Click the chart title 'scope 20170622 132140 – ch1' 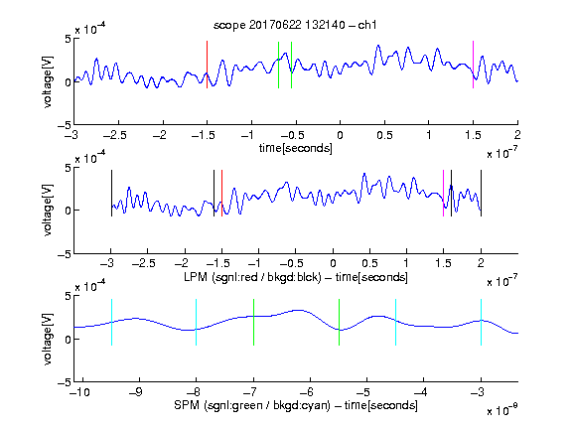(295, 25)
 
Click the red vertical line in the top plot (207, 65)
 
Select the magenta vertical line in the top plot (473, 65)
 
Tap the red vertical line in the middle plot (221, 194)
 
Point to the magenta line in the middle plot (443, 194)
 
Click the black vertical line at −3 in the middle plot (111, 194)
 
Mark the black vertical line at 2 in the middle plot (481, 194)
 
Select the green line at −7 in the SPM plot (253, 322)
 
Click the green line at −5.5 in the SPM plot (339, 322)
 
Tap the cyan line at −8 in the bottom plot (196, 322)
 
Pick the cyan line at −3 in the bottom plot (481, 322)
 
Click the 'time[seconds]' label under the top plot (296, 148)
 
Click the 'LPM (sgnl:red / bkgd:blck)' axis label (252, 277)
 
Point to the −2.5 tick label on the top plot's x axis (115, 135)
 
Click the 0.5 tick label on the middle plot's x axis (369, 263)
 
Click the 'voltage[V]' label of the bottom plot (48, 339)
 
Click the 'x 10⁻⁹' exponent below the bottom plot (501, 410)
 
